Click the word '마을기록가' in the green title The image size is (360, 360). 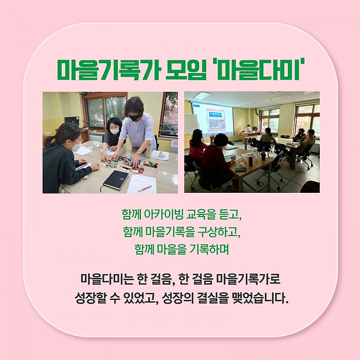pyautogui.click(x=109, y=69)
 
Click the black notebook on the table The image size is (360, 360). pyautogui.click(x=116, y=180)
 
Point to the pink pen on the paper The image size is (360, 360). pyautogui.click(x=145, y=189)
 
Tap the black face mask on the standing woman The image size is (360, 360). pyautogui.click(x=134, y=118)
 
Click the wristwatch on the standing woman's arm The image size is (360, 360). pyautogui.click(x=139, y=152)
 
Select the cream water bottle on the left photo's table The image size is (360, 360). pyautogui.click(x=149, y=150)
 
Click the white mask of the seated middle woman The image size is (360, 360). pyautogui.click(x=115, y=131)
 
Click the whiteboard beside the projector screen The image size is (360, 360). pyautogui.click(x=191, y=124)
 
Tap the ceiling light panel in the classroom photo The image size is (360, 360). pyautogui.click(x=202, y=95)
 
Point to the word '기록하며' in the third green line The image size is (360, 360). pyautogui.click(x=209, y=249)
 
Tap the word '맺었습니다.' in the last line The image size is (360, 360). pyautogui.click(x=260, y=298)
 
